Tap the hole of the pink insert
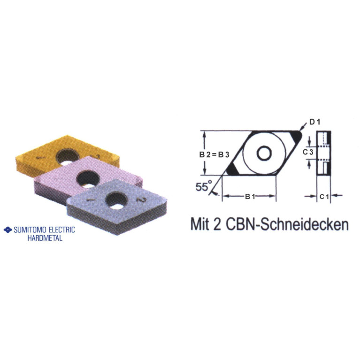(x=87, y=177)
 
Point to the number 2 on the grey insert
(x=139, y=200)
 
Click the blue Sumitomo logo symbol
(x=7, y=230)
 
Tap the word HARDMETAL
(x=45, y=238)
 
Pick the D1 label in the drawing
(x=314, y=123)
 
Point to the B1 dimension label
(x=250, y=197)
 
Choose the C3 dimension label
(x=307, y=152)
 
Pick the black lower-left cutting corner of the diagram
(x=231, y=169)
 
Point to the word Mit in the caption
(x=201, y=224)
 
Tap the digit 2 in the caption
(x=219, y=224)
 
